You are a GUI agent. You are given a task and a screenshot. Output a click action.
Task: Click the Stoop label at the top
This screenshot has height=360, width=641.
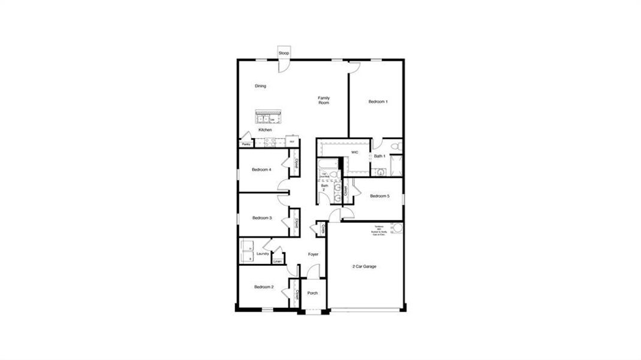(284, 53)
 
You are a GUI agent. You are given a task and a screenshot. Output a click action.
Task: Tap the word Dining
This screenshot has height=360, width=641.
(260, 86)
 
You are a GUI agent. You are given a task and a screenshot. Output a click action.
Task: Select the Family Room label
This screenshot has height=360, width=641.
(324, 100)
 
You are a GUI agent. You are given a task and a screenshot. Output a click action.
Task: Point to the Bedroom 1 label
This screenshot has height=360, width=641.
(378, 102)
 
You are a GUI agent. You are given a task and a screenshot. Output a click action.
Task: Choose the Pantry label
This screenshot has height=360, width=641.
(246, 145)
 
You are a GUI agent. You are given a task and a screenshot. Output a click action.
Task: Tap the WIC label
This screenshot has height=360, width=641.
(354, 152)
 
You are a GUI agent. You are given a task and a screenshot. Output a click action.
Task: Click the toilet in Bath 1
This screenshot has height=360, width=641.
(395, 146)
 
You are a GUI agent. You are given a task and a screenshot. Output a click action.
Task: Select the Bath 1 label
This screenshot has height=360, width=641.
(379, 157)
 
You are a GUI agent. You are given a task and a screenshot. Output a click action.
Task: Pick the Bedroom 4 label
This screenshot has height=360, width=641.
(261, 170)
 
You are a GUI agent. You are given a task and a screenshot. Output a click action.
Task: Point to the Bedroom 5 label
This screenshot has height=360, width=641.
(380, 196)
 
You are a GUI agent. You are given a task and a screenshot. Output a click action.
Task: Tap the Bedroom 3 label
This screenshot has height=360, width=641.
(262, 218)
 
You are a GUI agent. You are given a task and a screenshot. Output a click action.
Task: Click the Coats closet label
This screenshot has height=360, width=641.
(323, 228)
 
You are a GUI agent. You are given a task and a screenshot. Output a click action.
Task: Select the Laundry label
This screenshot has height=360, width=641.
(263, 254)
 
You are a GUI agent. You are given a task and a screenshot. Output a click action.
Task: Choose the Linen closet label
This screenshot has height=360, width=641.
(277, 262)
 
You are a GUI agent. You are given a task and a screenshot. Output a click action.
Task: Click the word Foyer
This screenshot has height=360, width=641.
(313, 254)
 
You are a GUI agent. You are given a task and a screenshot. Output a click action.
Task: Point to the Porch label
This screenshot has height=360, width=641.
(312, 293)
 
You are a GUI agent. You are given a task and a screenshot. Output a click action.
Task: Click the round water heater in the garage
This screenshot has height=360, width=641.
(398, 229)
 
